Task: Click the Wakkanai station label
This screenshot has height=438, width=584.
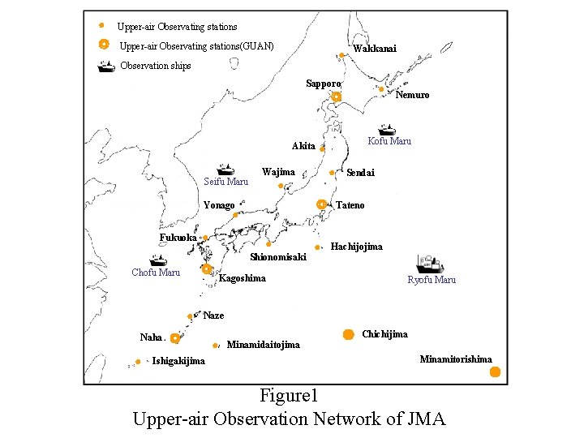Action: pos(375,49)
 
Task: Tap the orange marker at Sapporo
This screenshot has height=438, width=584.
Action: pos(337,97)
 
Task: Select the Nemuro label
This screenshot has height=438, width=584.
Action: pos(412,95)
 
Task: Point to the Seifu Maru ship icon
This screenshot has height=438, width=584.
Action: pos(225,169)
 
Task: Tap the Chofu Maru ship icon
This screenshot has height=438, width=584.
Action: pos(157,261)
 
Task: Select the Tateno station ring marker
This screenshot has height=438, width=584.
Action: pos(321,204)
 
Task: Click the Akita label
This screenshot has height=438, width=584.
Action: pos(303,146)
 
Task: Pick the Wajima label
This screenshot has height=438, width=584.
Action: pos(278,172)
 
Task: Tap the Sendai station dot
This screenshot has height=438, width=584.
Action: pos(332,173)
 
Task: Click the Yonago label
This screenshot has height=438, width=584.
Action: pos(219,205)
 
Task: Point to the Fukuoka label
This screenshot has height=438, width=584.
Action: pos(178,238)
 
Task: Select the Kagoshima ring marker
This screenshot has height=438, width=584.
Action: pos(207,268)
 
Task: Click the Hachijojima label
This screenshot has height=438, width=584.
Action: pos(357,246)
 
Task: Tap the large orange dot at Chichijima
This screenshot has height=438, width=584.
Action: pos(348,334)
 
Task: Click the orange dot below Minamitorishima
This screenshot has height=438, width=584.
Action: pos(495,372)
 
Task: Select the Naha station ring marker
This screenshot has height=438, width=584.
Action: pos(174,338)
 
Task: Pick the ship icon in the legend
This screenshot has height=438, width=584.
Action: pos(105,67)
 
